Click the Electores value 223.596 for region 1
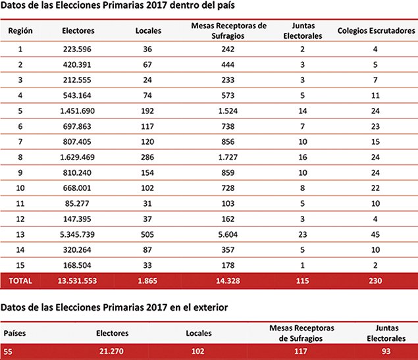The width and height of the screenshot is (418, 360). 78,49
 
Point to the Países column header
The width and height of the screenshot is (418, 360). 14,333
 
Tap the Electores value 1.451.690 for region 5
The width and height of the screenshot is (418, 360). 78,111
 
